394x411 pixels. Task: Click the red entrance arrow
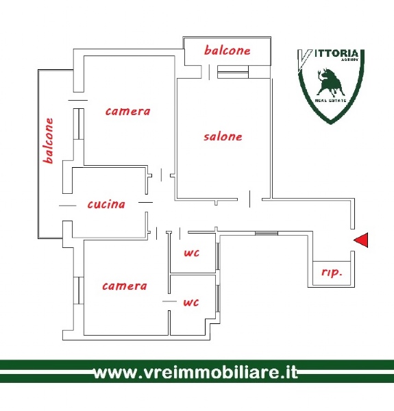pyautogui.click(x=362, y=240)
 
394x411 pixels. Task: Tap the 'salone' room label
pyautogui.click(x=223, y=136)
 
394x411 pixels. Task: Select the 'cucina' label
pyautogui.click(x=106, y=204)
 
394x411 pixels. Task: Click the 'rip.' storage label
pyautogui.click(x=332, y=273)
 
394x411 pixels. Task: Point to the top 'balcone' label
pyautogui.click(x=227, y=50)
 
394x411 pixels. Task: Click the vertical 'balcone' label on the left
pyautogui.click(x=49, y=140)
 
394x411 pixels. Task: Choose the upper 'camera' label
pyautogui.click(x=127, y=112)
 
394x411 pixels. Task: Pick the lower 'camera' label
pyautogui.click(x=125, y=286)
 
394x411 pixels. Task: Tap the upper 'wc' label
pyautogui.click(x=192, y=253)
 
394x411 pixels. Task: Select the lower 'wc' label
pyautogui.click(x=191, y=302)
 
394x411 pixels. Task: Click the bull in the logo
pyautogui.click(x=330, y=83)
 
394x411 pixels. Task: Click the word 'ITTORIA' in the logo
pyautogui.click(x=336, y=53)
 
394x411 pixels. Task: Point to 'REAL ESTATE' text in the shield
pyautogui.click(x=330, y=101)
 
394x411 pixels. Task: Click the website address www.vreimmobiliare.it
pyautogui.click(x=196, y=372)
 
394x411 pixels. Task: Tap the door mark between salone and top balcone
pyautogui.click(x=209, y=72)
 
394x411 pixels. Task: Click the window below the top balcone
pyautogui.click(x=233, y=72)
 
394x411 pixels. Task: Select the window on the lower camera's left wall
pyautogui.click(x=79, y=290)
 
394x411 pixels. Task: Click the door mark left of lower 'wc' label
pyautogui.click(x=170, y=301)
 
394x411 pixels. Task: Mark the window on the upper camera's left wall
pyautogui.click(x=79, y=124)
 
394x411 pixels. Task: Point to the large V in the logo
pyautogui.click(x=304, y=60)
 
